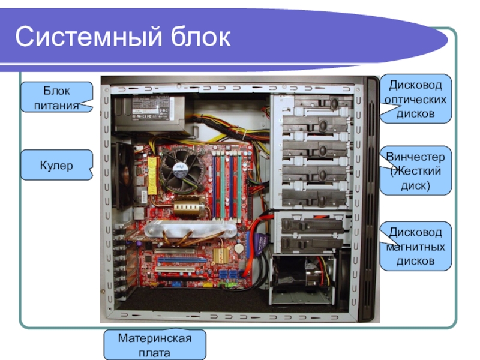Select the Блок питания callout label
point(56,97)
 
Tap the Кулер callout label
point(56,165)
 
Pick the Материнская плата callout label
point(155,344)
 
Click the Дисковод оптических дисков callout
point(415,99)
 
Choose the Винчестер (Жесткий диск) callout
point(415,171)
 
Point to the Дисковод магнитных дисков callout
point(415,247)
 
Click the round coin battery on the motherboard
point(239,247)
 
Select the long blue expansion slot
point(182,261)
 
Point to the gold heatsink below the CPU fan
point(189,206)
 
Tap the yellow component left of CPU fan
point(152,176)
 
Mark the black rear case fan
point(123,175)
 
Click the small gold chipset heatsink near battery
point(221,255)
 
